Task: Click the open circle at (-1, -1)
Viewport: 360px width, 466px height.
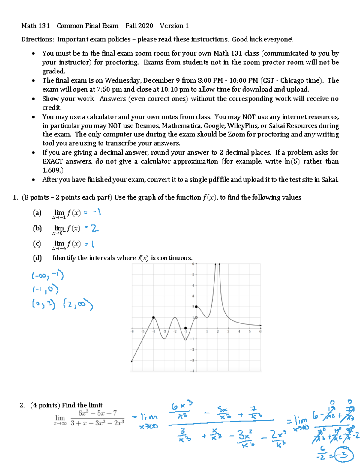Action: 185,339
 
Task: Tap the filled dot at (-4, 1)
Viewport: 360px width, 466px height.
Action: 154,317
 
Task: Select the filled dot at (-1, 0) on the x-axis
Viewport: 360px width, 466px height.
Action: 185,328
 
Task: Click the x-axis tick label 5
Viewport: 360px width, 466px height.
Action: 250,332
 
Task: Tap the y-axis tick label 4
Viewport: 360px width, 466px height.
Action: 193,285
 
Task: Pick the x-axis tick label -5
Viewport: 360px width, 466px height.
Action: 143,332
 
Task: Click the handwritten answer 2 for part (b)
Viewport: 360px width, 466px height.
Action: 95,229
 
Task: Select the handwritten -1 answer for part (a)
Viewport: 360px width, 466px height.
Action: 97,212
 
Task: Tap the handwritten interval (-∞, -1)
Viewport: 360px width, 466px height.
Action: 48,275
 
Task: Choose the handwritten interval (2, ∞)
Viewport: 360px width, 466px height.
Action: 78,305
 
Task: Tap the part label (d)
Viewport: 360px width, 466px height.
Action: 37,258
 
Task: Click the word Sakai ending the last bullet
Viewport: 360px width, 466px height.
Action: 330,179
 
